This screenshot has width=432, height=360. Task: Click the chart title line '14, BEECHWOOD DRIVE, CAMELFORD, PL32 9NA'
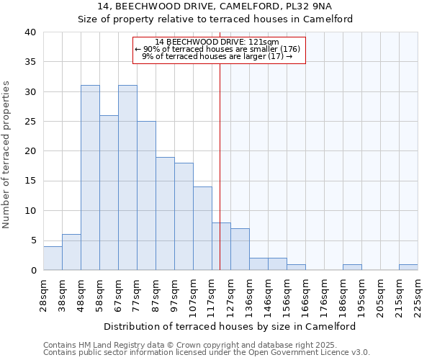click(x=215, y=6)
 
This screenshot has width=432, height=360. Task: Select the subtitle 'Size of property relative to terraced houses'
click(x=215, y=19)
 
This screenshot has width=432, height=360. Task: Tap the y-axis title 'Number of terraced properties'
click(x=6, y=154)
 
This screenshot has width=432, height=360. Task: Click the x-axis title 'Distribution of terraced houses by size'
click(x=215, y=326)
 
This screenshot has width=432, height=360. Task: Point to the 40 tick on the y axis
click(x=30, y=32)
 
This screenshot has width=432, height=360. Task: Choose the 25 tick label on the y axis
click(x=30, y=122)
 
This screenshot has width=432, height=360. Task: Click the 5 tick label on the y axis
click(x=32, y=240)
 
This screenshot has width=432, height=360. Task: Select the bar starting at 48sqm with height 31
click(x=90, y=178)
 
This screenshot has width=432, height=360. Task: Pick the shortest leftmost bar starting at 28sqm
click(x=53, y=258)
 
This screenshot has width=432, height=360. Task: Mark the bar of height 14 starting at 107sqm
click(x=202, y=228)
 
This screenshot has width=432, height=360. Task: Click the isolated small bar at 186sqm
click(x=352, y=267)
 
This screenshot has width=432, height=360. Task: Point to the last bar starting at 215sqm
click(x=408, y=267)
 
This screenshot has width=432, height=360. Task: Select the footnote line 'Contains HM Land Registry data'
click(x=205, y=345)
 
